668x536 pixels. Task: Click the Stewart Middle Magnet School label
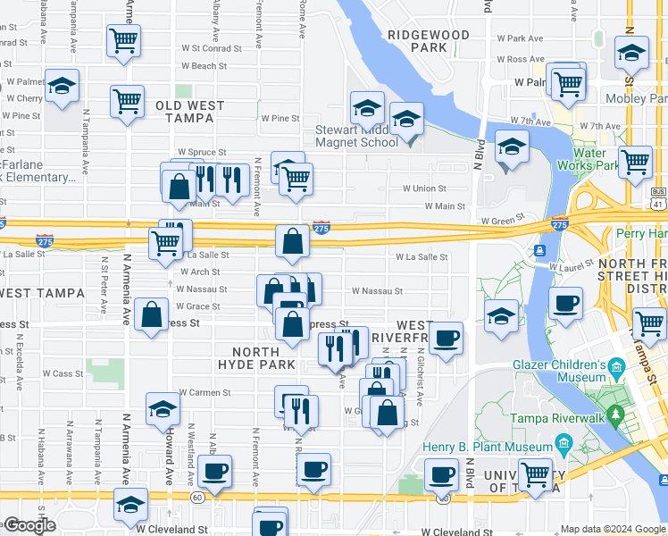[x=356, y=136]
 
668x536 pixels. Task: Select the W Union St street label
[x=423, y=188]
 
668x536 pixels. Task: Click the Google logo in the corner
[x=29, y=525]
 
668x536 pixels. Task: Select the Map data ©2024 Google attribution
[x=613, y=529]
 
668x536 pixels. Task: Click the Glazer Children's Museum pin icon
[x=615, y=367]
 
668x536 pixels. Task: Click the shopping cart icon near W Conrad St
[x=122, y=40]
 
